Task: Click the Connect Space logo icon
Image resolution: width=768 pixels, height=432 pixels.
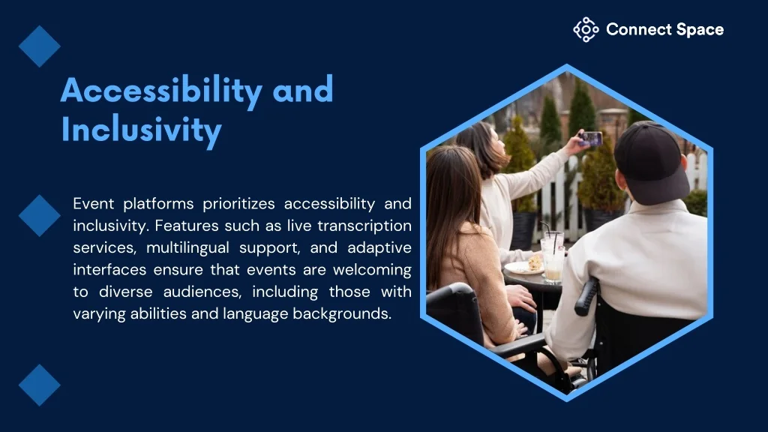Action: pyautogui.click(x=586, y=30)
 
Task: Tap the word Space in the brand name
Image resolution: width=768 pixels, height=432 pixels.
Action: pyautogui.click(x=700, y=30)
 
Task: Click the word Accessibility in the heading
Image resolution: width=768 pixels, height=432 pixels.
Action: pyautogui.click(x=162, y=91)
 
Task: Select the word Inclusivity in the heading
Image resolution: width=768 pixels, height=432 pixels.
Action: pyautogui.click(x=142, y=130)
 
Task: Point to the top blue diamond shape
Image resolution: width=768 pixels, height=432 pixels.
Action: pyautogui.click(x=40, y=46)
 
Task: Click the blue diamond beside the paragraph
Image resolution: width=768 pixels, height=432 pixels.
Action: pyautogui.click(x=40, y=215)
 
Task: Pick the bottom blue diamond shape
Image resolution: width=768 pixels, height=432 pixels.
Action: pyautogui.click(x=40, y=385)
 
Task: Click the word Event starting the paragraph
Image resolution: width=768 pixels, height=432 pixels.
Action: pyautogui.click(x=94, y=203)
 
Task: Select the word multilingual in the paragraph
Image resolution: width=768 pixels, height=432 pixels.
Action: pyautogui.click(x=187, y=247)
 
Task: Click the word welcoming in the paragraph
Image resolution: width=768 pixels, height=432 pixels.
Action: pyautogui.click(x=372, y=270)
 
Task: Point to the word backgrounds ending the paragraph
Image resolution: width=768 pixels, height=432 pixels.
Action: pyautogui.click(x=342, y=313)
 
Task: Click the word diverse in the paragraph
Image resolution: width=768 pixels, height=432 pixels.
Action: pyautogui.click(x=126, y=292)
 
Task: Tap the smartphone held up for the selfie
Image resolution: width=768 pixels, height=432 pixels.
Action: pyautogui.click(x=591, y=139)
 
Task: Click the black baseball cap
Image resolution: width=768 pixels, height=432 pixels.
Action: pyautogui.click(x=651, y=162)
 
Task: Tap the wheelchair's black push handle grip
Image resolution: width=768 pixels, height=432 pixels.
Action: pyautogui.click(x=586, y=297)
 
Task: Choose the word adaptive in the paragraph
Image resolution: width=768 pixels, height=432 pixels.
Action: pyautogui.click(x=379, y=247)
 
